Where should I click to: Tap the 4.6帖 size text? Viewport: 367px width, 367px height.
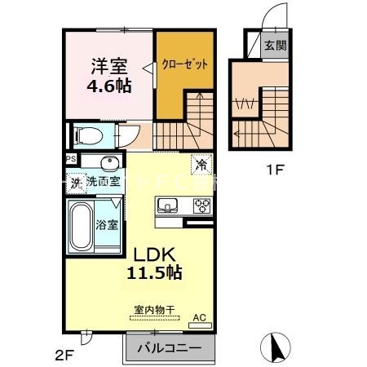pyautogui.click(x=108, y=85)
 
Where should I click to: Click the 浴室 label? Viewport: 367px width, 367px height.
pyautogui.click(x=107, y=223)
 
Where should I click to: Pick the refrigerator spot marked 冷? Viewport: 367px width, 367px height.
pyautogui.click(x=201, y=164)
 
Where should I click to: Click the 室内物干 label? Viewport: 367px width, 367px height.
pyautogui.click(x=154, y=309)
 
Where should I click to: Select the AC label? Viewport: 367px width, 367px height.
pyautogui.click(x=198, y=318)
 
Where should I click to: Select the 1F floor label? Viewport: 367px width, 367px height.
pyautogui.click(x=276, y=171)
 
